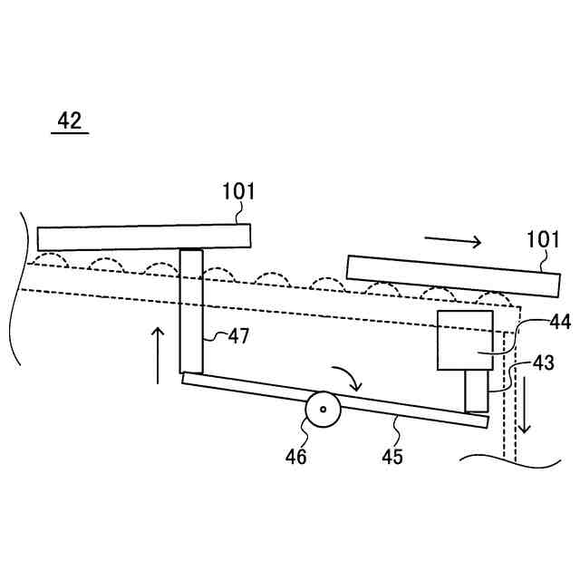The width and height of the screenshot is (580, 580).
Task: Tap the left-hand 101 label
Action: [x=239, y=191]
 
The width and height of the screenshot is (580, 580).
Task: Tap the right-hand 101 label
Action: [x=544, y=239]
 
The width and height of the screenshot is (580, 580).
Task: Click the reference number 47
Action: [x=238, y=336]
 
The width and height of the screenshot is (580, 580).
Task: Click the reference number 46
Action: [x=296, y=456]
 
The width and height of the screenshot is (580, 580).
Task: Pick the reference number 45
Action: [x=391, y=456]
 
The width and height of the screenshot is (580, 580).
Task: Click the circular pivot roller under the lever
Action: [x=323, y=410]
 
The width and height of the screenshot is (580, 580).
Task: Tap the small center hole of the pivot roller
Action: [x=323, y=410]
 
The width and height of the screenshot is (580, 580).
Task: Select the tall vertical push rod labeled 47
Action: [x=190, y=311]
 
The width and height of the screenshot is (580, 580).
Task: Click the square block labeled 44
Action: [x=465, y=340]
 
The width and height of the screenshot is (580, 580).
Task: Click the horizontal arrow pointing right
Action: [x=454, y=240]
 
